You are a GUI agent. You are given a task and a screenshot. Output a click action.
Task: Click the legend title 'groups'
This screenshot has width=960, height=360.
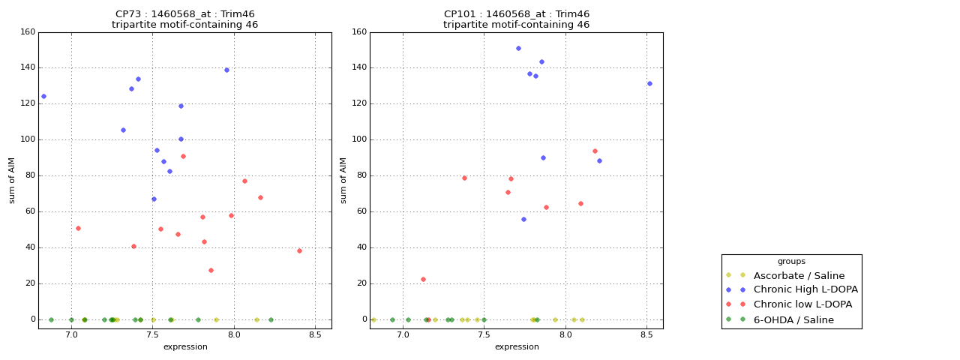click(791, 262)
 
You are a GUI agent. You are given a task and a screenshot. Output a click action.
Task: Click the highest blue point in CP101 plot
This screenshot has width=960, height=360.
click(518, 48)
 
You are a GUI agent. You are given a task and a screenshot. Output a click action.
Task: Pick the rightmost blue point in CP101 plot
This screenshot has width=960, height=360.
click(649, 83)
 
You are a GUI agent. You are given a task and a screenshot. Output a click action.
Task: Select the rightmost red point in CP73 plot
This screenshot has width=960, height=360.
click(299, 250)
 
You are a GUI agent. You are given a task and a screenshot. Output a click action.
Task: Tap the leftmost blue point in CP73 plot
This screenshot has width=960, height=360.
click(43, 96)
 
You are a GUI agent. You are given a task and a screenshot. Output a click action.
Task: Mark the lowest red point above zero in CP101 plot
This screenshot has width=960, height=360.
click(423, 279)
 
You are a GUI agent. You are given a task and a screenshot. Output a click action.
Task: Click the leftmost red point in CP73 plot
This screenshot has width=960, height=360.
click(78, 228)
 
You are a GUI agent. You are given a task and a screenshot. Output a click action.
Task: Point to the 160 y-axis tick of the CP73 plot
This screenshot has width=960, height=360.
click(28, 32)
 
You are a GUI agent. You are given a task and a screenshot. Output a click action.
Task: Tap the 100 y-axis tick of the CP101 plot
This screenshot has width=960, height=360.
click(359, 140)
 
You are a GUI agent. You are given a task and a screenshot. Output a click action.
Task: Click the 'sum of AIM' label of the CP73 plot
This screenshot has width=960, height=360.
click(12, 180)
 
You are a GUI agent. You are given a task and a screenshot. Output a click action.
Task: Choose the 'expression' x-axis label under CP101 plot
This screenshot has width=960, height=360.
click(517, 346)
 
